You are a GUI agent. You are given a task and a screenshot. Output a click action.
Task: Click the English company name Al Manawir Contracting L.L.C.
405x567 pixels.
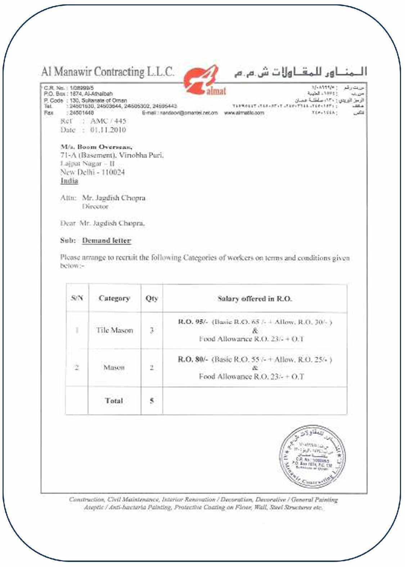108,71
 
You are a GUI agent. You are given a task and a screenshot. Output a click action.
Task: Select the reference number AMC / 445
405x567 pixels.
108,121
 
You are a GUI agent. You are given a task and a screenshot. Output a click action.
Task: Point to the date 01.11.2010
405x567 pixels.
108,130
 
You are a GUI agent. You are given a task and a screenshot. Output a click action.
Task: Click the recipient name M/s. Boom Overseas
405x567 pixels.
96,147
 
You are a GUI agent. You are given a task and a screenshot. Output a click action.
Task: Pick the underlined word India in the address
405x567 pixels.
69,181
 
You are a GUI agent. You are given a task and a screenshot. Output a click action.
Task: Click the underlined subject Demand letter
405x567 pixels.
107,240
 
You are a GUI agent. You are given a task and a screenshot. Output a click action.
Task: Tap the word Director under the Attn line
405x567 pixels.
95,207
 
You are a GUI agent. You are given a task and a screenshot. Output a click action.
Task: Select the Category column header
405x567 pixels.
114,298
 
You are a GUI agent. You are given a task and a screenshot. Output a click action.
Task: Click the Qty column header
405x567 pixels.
152,298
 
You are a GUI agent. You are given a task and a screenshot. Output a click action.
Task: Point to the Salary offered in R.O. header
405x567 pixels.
255,298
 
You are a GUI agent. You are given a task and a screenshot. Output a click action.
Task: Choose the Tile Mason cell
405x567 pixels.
114,330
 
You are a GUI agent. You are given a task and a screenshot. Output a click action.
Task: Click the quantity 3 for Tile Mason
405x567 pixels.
152,330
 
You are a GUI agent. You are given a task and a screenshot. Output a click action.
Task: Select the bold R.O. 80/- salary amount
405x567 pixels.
193,359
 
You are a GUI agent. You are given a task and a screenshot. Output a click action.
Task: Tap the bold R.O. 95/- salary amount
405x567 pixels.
193,322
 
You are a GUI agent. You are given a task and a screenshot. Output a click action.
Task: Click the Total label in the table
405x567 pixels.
114,400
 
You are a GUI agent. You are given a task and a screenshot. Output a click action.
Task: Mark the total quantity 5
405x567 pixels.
152,400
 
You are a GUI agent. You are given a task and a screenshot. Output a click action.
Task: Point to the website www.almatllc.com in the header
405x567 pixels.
244,113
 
